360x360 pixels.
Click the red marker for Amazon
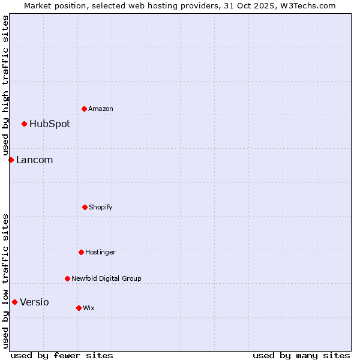[x=84, y=109]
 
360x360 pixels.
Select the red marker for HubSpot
[x=24, y=124]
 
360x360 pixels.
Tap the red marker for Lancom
[x=11, y=160]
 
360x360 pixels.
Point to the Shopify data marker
[x=85, y=207]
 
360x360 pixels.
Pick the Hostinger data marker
[x=81, y=252]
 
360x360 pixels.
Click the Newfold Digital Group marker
[x=67, y=278]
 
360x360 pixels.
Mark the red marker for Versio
[x=14, y=302]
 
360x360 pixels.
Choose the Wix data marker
[x=79, y=308]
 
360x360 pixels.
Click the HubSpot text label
[x=50, y=124]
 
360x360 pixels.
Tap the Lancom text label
[x=34, y=160]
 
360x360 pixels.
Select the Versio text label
[x=34, y=302]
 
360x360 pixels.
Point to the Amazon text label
[x=101, y=109]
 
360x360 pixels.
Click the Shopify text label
[x=101, y=208]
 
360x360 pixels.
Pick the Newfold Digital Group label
[x=106, y=279]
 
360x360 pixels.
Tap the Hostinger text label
[x=100, y=253]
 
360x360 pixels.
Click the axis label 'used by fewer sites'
[x=62, y=355]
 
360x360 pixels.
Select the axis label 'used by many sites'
[x=301, y=355]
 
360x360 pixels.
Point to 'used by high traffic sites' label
[x=5, y=86]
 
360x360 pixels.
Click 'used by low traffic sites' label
[x=5, y=281]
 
